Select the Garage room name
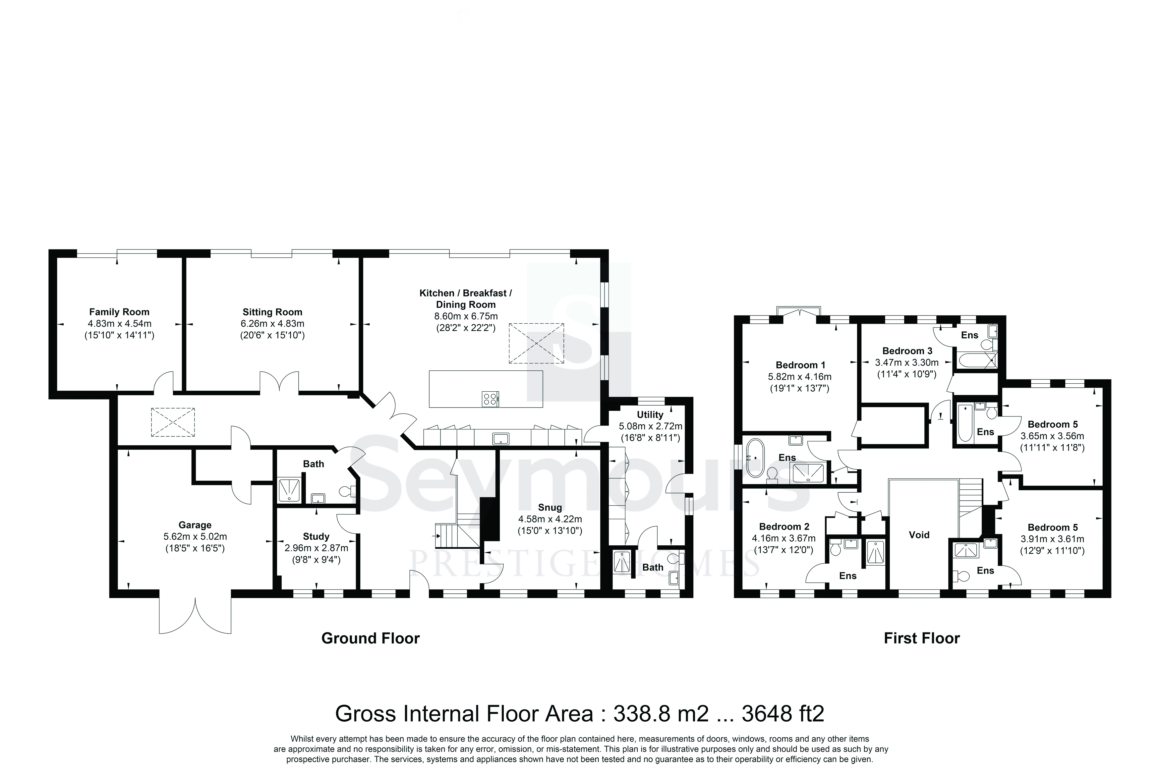195,525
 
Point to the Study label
316,536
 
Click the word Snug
550,507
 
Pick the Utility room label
650,414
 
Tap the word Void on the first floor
919,534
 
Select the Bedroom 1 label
801,365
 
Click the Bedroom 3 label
907,351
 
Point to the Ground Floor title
370,638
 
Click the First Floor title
922,638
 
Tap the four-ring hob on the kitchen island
490,398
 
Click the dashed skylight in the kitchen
536,343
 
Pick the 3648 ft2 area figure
783,713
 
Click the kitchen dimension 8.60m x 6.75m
466,316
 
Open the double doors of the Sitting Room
279,383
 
